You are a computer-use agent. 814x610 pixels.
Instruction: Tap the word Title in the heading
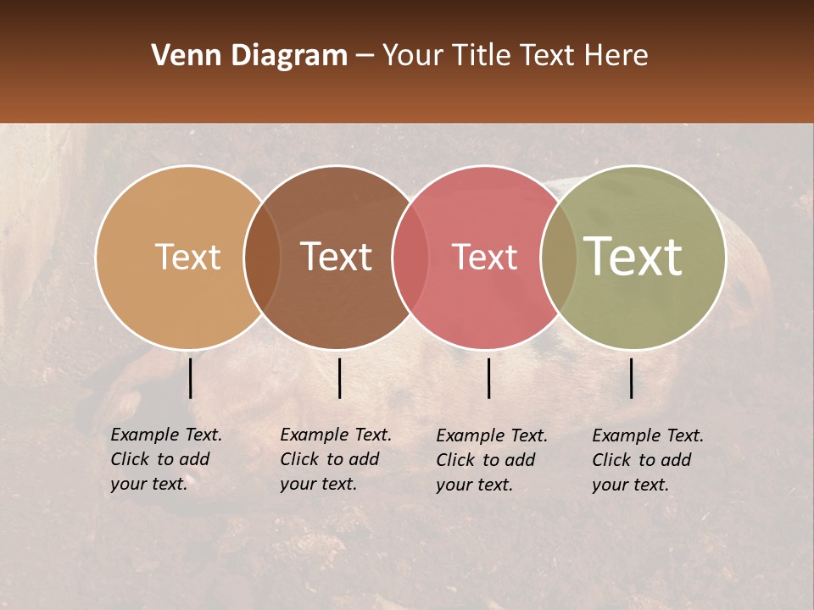point(486,56)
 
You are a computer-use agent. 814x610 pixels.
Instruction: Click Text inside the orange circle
point(187,257)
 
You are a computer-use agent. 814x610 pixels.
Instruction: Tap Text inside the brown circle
point(337,257)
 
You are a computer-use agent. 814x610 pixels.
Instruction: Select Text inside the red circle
point(484,257)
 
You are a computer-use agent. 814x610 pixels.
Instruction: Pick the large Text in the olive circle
point(633,257)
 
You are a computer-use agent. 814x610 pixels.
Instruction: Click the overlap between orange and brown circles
point(262,257)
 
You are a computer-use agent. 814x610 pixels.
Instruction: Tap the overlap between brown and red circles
point(411,257)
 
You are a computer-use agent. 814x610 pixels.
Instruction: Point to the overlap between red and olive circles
point(559,257)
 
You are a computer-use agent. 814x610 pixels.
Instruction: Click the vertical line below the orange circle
point(190,378)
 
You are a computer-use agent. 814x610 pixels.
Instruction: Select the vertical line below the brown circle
point(339,378)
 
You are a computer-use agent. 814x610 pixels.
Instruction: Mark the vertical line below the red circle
point(488,378)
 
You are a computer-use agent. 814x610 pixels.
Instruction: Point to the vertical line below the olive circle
point(632,378)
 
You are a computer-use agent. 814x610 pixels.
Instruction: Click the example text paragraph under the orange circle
point(166,459)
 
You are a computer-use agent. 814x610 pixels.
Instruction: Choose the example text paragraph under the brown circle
point(336,459)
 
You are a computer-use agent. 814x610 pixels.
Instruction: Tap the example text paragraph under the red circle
point(492,460)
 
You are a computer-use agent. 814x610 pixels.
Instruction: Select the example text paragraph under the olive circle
point(648,460)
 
